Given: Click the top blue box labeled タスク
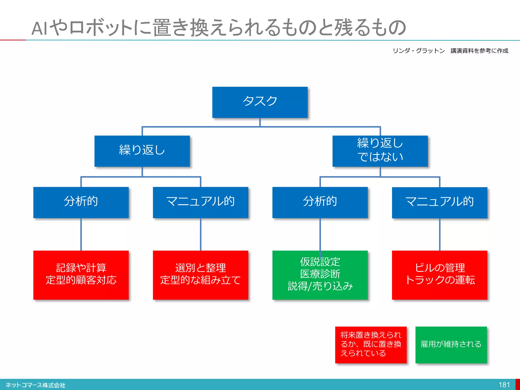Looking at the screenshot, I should click(x=260, y=102).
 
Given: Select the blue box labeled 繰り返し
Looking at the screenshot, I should click(x=142, y=151).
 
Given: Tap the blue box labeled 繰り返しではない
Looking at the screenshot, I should click(x=380, y=151).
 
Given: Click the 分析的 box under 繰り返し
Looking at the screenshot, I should click(x=81, y=202).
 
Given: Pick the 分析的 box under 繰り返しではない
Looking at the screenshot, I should click(x=320, y=202).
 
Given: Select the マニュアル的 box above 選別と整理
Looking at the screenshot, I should click(x=201, y=202).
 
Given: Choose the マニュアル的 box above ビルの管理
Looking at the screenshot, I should click(x=440, y=203).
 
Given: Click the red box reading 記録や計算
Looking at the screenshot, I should click(x=81, y=275).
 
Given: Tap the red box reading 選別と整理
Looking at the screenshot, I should click(x=201, y=275).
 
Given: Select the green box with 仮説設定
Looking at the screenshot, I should click(x=320, y=275).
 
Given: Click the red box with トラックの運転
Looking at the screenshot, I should click(x=440, y=275).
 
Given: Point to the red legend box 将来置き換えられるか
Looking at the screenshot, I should click(x=371, y=345).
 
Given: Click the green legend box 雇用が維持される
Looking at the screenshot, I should click(x=451, y=345).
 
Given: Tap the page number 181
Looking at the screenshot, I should click(x=504, y=385).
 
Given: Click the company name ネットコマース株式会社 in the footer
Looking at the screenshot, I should click(x=36, y=385).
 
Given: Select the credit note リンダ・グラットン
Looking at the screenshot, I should click(x=419, y=51).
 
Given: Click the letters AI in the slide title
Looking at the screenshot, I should click(x=39, y=28).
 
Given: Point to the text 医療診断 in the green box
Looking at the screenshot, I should click(x=320, y=274).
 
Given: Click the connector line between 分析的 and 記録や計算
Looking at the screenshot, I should click(x=81, y=234).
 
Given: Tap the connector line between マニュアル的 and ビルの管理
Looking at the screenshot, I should click(x=440, y=234).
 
